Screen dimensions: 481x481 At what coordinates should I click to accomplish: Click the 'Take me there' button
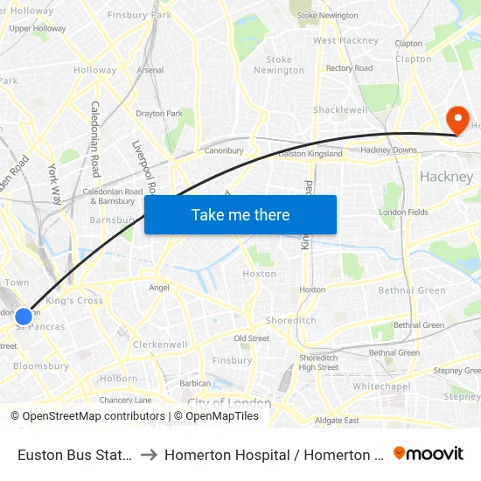[x=240, y=214]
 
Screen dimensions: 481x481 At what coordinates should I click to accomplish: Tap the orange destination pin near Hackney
[x=457, y=121]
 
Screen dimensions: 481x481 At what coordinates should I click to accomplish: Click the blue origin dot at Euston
[x=24, y=317]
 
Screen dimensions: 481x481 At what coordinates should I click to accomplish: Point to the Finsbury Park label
[x=139, y=16]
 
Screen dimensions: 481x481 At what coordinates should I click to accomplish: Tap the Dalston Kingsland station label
[x=310, y=154]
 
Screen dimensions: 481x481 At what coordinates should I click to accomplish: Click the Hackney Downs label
[x=388, y=150]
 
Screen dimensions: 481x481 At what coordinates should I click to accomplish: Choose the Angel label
[x=159, y=287]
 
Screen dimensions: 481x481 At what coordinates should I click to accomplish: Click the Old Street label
[x=252, y=338]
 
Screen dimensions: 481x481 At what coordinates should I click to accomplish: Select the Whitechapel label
[x=381, y=386]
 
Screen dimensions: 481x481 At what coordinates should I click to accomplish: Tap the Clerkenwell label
[x=160, y=345]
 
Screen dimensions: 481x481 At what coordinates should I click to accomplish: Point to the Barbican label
[x=195, y=383]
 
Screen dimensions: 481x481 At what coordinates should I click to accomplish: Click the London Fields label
[x=403, y=213]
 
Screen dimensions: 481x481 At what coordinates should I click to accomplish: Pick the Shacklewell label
[x=340, y=110]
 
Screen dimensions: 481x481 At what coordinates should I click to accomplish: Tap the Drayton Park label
[x=159, y=113]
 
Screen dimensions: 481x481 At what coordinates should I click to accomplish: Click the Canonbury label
[x=224, y=150]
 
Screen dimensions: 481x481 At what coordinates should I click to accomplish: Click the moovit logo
[x=429, y=453]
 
